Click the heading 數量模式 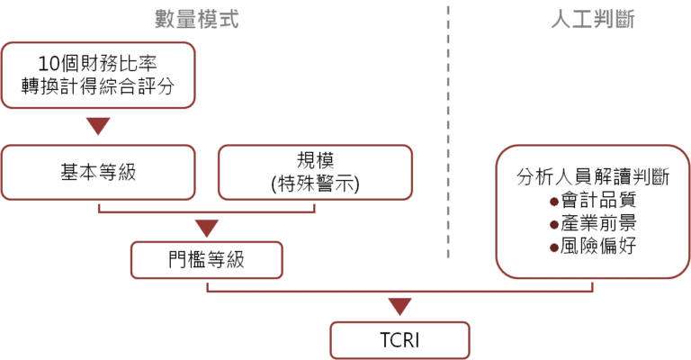196,20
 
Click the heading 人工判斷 593,20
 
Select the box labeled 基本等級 98,172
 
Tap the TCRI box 399,340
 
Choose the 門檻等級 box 207,260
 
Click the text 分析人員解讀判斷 593,177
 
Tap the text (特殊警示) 316,184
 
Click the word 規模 316,160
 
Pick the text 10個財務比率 97,64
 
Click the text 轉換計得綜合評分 98,86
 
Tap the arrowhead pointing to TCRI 400,307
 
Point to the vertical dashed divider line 448,131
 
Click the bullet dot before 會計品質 554,202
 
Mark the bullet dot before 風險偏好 554,248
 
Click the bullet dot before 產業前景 554,225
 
